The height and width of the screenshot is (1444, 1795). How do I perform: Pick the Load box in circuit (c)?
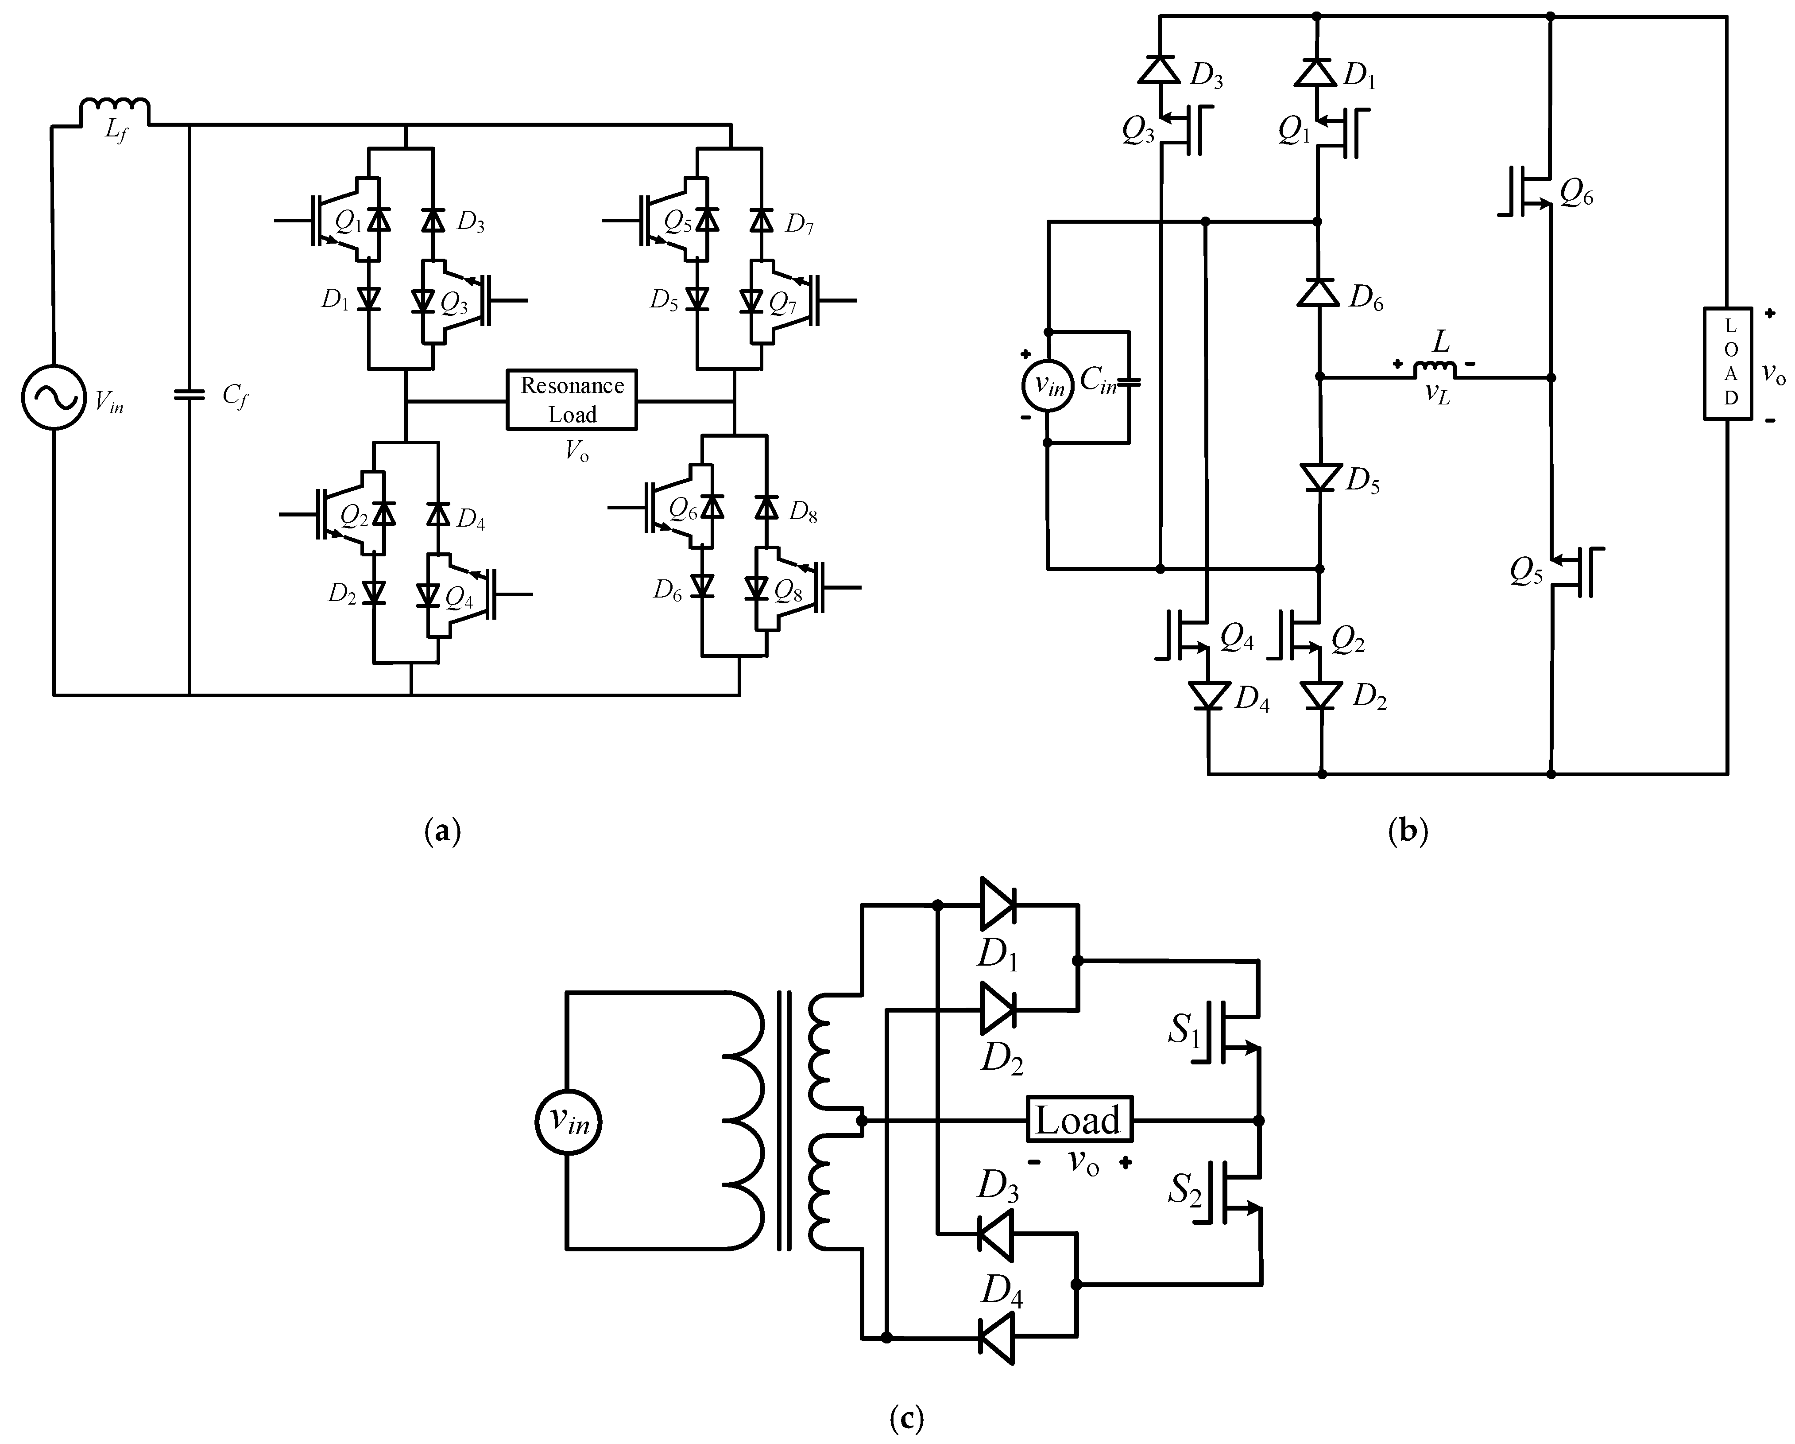(x=1078, y=1119)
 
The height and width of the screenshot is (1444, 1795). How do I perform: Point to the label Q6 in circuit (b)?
(x=1576, y=194)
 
